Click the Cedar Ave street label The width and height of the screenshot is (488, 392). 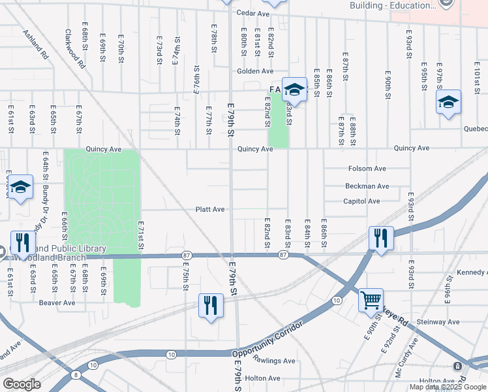point(253,13)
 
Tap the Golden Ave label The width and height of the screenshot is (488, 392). point(255,71)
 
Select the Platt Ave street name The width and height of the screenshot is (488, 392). point(210,210)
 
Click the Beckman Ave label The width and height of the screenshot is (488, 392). point(367,186)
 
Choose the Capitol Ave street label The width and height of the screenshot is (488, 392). point(361,201)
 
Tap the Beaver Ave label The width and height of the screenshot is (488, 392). point(57,302)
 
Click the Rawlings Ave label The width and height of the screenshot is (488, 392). point(274,361)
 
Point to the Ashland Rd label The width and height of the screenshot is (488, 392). point(36,44)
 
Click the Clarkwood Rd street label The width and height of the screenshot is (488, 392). point(74,48)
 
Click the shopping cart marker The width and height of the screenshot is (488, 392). point(371,300)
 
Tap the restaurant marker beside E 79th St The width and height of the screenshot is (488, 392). point(211,306)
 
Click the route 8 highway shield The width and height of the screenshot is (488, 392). point(76,374)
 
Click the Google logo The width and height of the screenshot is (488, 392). point(22,384)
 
